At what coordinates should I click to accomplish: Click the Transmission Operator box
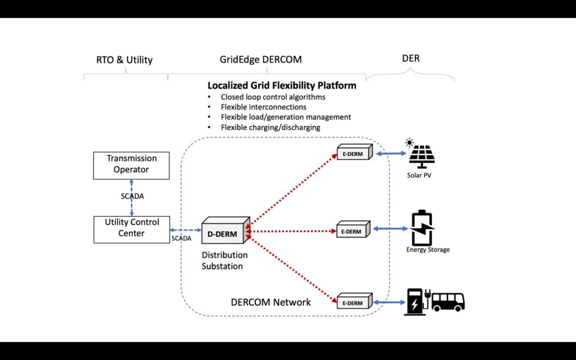click(132, 164)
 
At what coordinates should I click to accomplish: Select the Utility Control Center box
click(132, 228)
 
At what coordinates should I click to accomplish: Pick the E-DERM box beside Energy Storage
click(353, 230)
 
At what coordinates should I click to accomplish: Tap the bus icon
click(448, 301)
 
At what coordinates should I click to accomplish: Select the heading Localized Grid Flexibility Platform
click(282, 86)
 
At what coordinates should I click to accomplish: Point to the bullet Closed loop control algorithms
click(273, 97)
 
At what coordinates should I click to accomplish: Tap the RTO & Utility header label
click(124, 60)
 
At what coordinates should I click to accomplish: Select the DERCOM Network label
click(271, 302)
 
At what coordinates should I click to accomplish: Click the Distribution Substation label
click(224, 260)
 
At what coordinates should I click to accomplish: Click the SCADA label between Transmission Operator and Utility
click(132, 196)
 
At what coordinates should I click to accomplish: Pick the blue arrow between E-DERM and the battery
click(389, 228)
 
